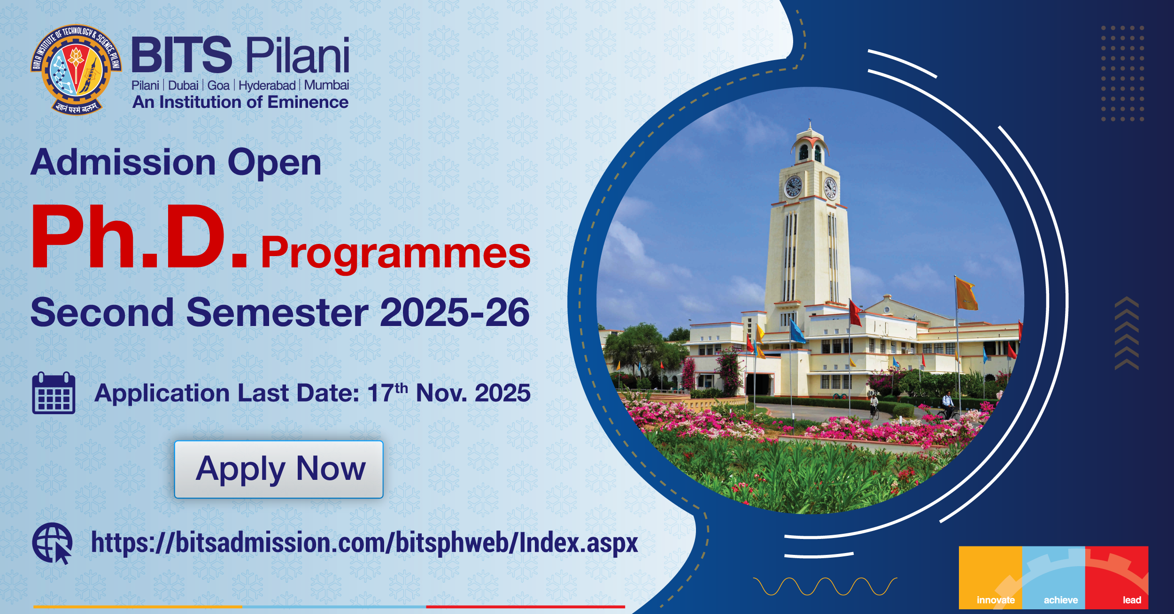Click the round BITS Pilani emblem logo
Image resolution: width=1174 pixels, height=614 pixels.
tap(76, 69)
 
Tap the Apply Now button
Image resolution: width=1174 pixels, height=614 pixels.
tap(279, 469)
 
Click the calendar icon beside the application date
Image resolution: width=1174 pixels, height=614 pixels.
tap(54, 393)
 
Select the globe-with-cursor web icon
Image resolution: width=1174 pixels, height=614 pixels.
tap(52, 543)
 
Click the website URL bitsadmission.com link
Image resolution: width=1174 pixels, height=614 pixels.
tap(364, 543)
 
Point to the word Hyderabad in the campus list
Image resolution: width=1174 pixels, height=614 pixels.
tap(267, 85)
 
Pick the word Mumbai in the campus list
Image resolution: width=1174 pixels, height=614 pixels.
tap(326, 85)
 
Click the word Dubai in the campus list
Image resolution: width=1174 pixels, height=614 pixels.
tap(183, 85)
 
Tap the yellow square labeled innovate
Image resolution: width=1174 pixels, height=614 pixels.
tap(990, 577)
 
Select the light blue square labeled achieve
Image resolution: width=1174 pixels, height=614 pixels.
tap(1054, 577)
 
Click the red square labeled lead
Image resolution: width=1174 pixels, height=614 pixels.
tap(1117, 577)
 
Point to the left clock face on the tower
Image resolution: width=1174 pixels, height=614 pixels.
tap(793, 187)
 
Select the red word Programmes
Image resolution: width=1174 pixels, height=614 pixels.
tap(395, 254)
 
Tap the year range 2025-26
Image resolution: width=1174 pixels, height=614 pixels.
tap(455, 312)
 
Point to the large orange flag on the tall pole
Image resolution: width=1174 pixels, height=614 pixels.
tap(967, 294)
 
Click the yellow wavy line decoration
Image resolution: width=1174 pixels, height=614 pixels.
tap(825, 586)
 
